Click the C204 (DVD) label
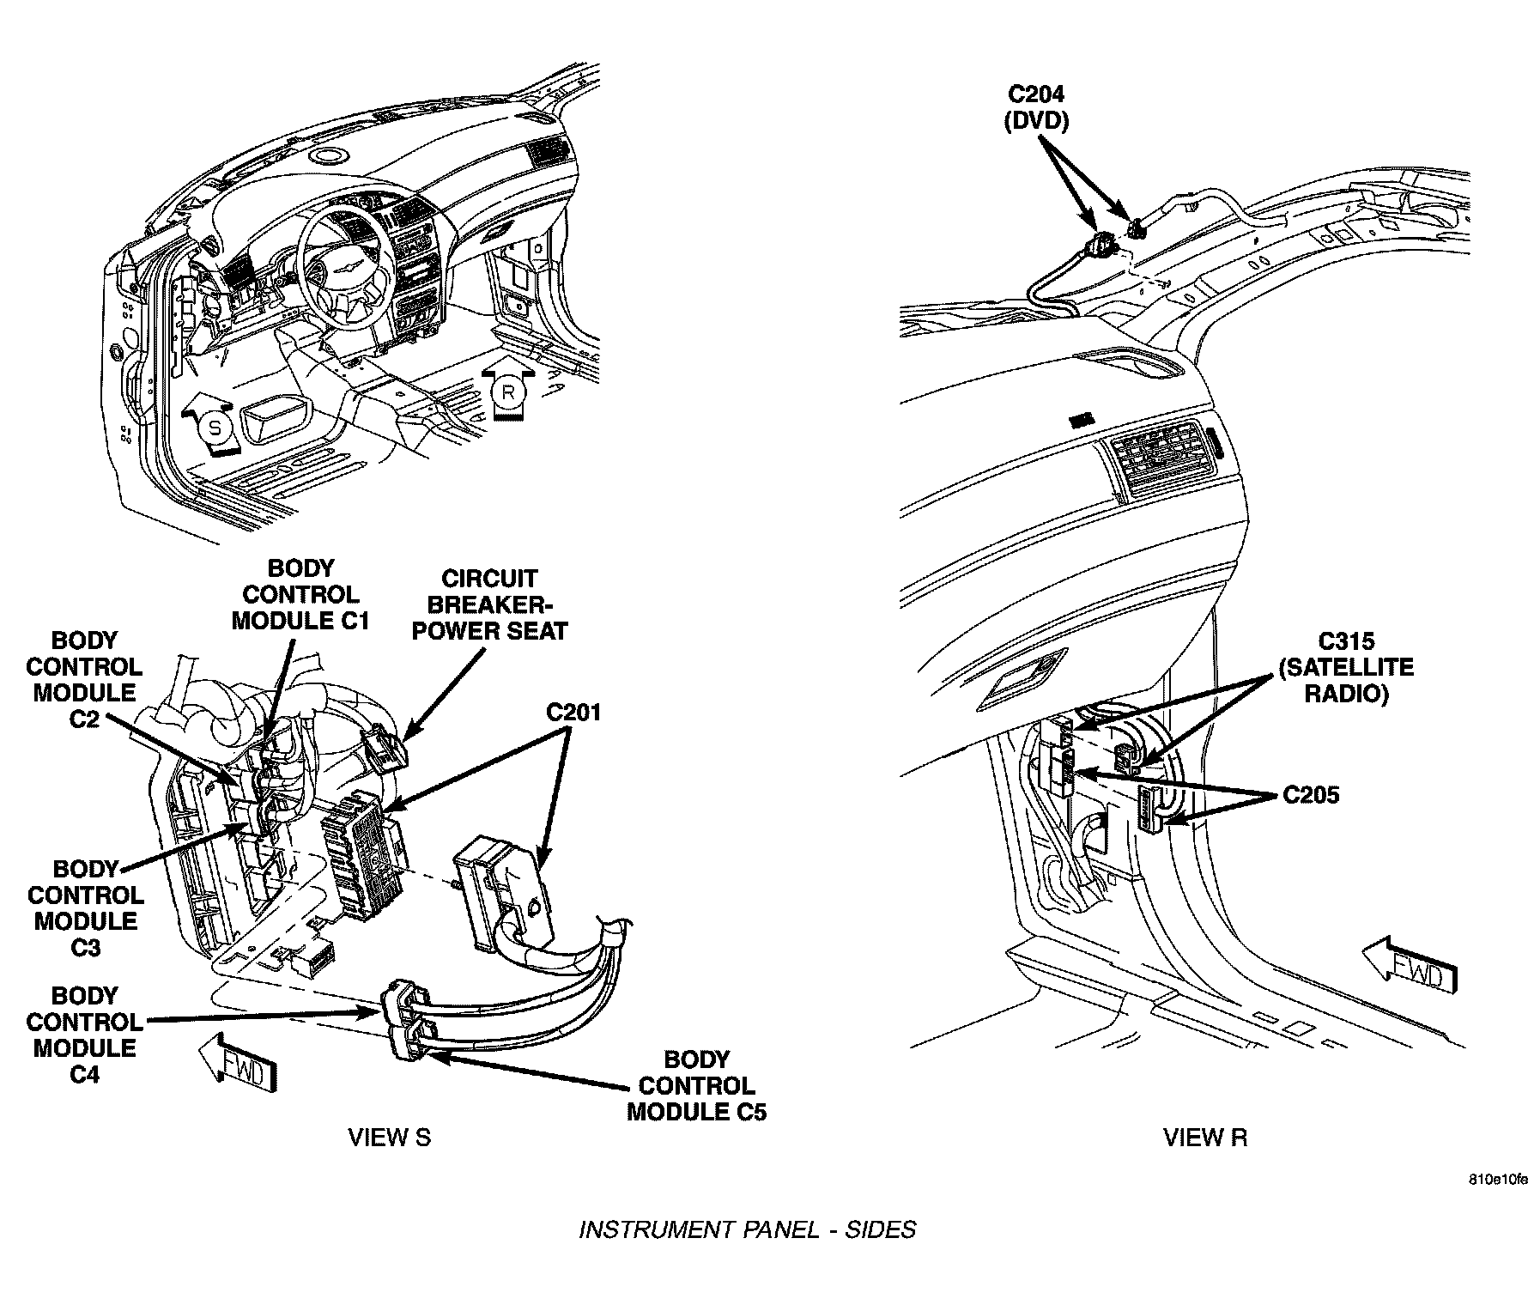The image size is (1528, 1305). pos(1036,106)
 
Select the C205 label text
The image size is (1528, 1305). pos(1311,795)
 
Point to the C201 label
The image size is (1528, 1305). pos(574,712)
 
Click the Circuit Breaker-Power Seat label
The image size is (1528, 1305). pos(489,604)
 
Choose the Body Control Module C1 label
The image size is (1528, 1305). pos(300,594)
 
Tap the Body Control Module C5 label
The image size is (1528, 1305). pos(696,1085)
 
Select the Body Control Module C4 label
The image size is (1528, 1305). pos(84,1035)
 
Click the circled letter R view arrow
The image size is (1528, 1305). pos(508,392)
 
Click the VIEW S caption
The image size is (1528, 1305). pos(389,1138)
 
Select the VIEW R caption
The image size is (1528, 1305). pos(1205,1138)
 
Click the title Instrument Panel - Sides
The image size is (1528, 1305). pos(747,1229)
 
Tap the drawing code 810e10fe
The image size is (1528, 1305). pos(1496,1180)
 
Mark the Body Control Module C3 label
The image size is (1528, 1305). pos(86,907)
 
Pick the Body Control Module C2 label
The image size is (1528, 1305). pos(84,679)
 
